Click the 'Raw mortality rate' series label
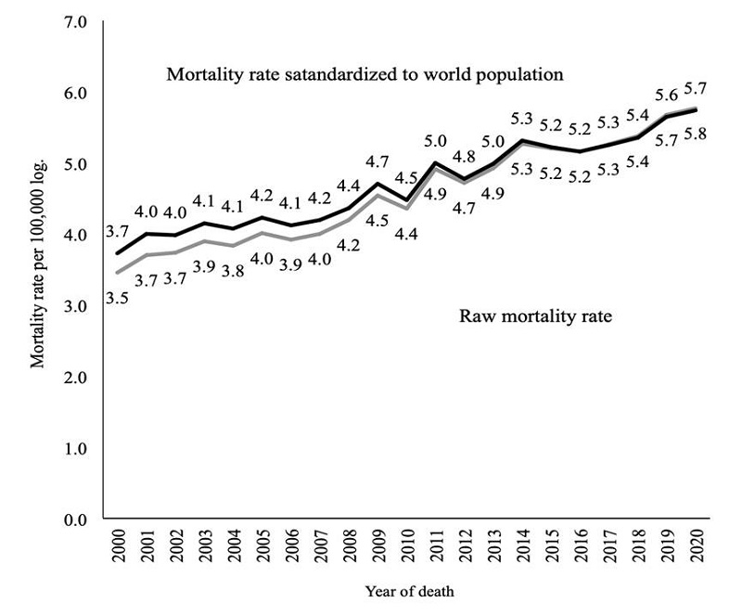tap(536, 316)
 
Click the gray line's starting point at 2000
tap(116, 273)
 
